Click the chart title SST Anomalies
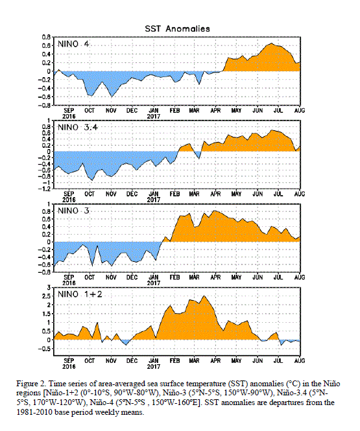[177, 29]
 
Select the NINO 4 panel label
[73, 44]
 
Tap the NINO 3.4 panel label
[78, 128]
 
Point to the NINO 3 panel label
[73, 211]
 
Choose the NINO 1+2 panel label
[80, 294]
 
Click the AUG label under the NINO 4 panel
[300, 110]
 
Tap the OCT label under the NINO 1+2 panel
[90, 360]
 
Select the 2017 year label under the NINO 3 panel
[154, 283]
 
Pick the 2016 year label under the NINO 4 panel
[69, 116]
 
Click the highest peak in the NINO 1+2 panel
[204, 296]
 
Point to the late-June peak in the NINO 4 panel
[272, 43]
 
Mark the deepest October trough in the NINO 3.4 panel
[92, 180]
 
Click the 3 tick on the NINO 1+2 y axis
[49, 288]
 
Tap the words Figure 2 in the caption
[31, 384]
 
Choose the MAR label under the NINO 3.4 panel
[194, 194]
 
